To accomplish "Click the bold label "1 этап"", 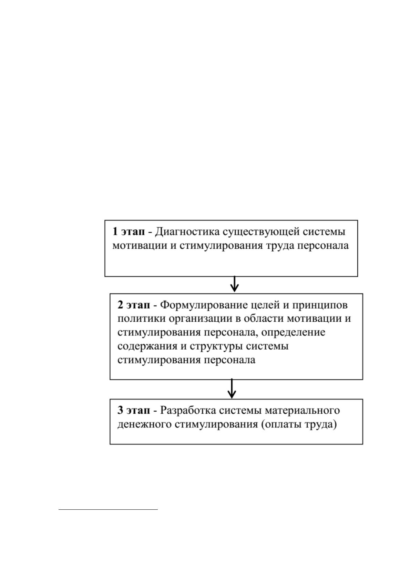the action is tap(129, 231).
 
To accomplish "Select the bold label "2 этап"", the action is tap(134, 305).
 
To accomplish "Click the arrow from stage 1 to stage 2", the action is tap(234, 284).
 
